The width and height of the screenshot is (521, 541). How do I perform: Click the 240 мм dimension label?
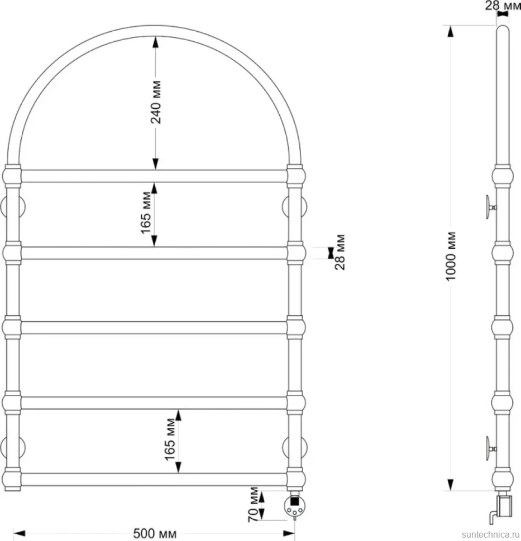click(x=156, y=102)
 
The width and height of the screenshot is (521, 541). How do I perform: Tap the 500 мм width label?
click(x=155, y=533)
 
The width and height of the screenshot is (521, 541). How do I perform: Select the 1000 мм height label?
click(x=451, y=257)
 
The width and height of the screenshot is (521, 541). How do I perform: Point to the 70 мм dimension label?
click(x=254, y=504)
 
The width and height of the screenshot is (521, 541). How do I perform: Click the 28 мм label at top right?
click(x=503, y=5)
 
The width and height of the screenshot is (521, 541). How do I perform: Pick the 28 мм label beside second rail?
click(x=340, y=252)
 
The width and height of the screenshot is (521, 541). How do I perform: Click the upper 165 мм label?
click(x=146, y=212)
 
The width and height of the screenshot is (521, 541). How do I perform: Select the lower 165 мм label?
click(x=170, y=439)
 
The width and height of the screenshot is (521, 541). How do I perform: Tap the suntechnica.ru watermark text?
click(x=490, y=534)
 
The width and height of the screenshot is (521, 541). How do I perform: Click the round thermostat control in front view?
click(x=294, y=506)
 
